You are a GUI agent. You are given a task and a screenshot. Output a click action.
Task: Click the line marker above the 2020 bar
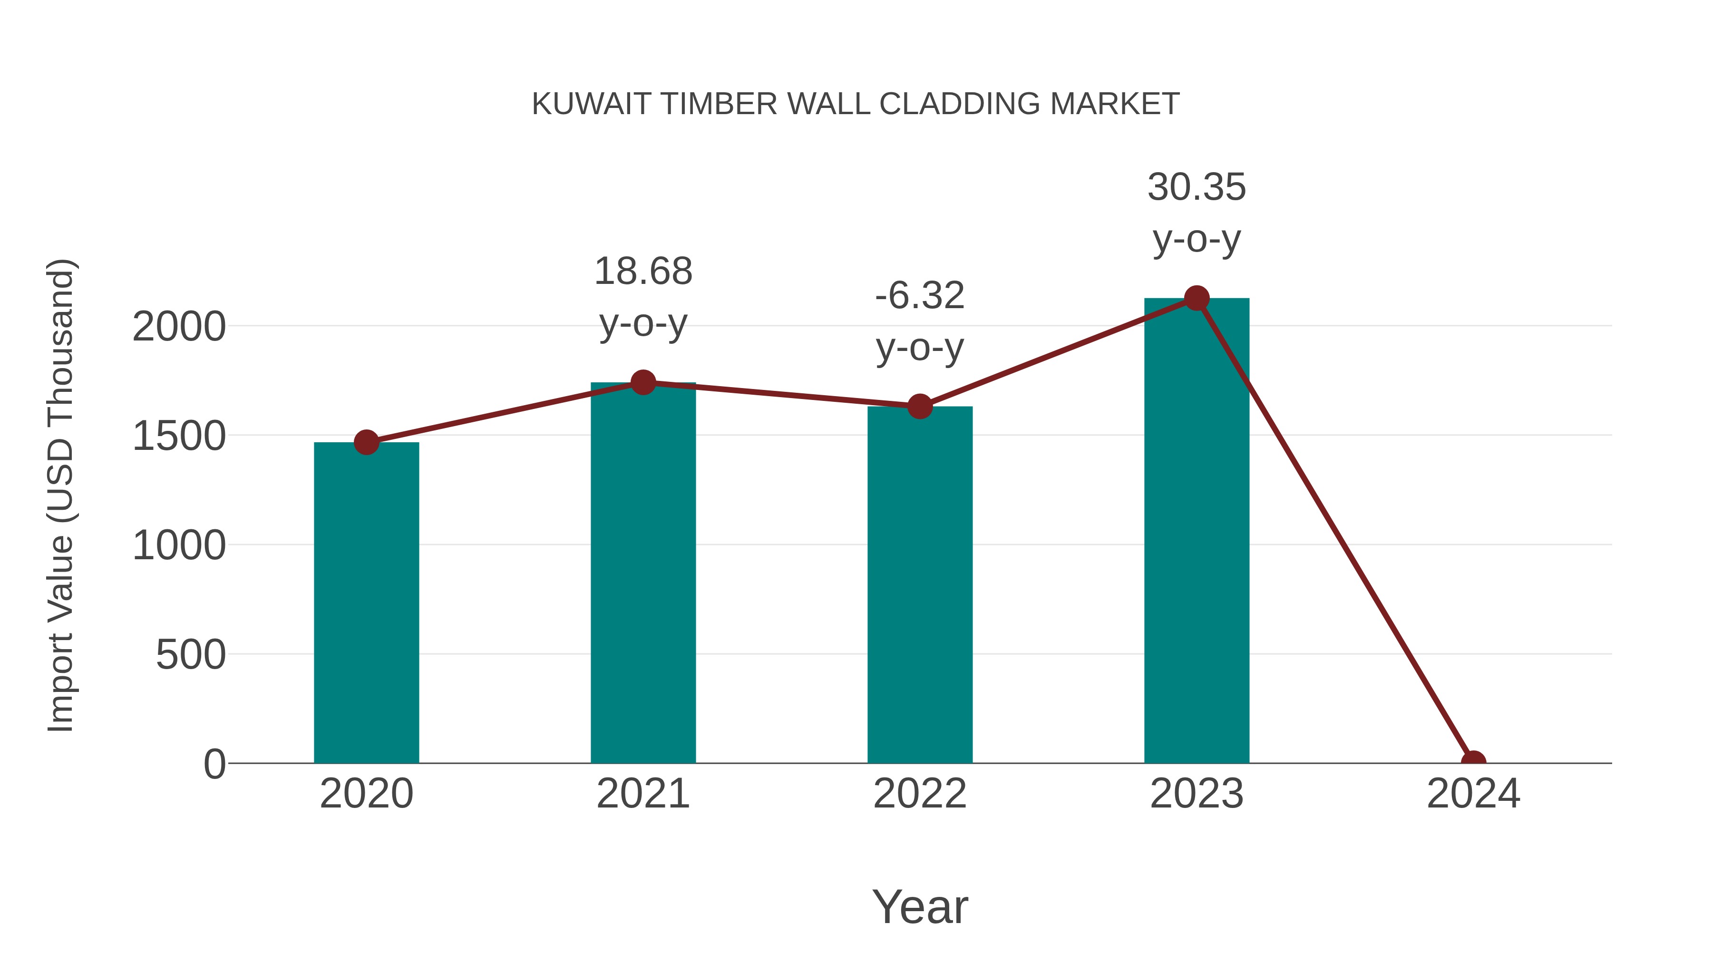click(366, 442)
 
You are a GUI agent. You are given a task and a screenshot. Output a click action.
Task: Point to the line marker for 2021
click(642, 382)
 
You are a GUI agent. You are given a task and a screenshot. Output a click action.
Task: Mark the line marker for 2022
click(919, 406)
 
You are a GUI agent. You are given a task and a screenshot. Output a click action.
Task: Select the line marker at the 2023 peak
click(1196, 298)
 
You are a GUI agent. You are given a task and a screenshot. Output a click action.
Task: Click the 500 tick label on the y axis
click(190, 655)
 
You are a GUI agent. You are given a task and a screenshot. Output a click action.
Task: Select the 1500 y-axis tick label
click(179, 436)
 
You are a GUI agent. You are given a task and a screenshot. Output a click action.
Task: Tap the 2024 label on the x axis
click(1473, 794)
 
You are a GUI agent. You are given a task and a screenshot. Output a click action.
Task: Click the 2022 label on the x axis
click(919, 794)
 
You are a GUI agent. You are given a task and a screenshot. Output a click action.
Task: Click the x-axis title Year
click(919, 906)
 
